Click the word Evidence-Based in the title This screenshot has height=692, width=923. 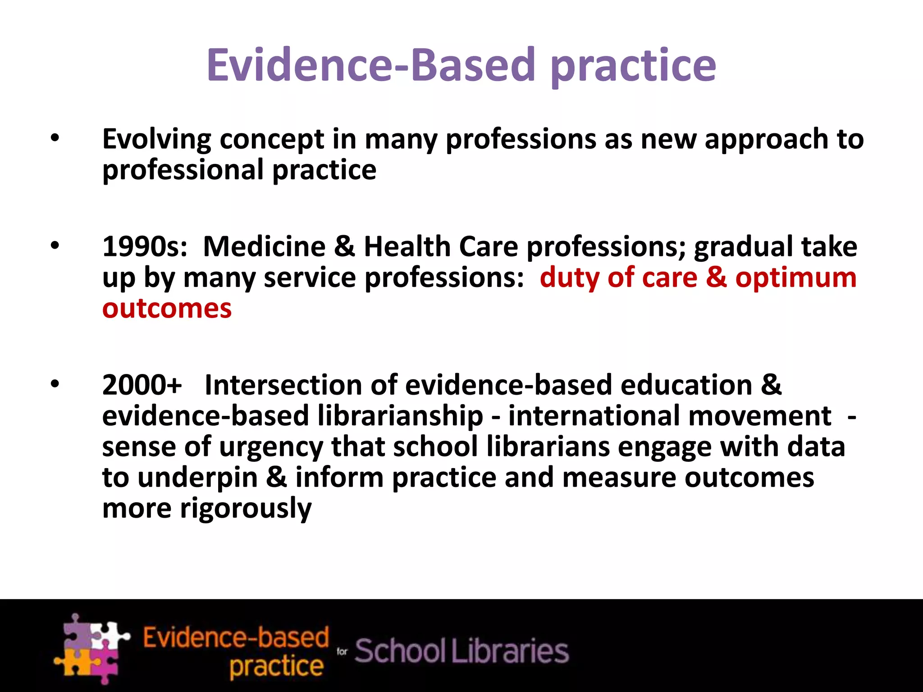tap(370, 65)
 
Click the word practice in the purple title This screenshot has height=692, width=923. tap(633, 68)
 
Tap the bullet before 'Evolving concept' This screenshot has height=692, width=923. tap(55, 138)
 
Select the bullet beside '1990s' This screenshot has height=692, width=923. tap(55, 246)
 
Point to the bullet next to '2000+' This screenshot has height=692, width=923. tap(55, 384)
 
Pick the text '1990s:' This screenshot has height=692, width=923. tap(145, 246)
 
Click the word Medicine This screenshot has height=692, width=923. tap(264, 246)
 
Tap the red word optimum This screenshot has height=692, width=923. tap(796, 278)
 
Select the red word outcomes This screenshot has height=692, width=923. tap(167, 309)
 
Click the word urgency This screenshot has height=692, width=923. tap(271, 447)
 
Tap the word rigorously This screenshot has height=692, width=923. tap(246, 509)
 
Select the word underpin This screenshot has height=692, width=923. tap(197, 478)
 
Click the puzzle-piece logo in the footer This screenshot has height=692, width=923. tap(91, 649)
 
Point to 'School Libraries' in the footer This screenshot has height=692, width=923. tap(461, 651)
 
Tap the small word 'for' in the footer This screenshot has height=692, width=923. tap(342, 651)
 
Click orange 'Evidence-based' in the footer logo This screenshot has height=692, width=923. tap(236, 637)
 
